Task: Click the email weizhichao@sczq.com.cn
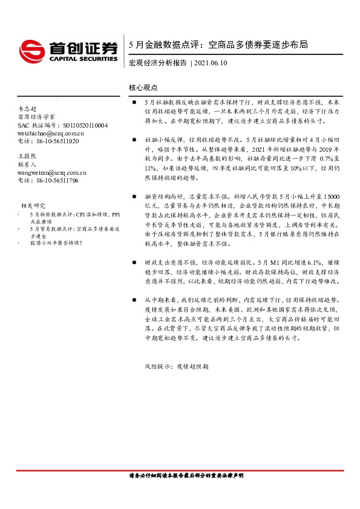pos(50,133)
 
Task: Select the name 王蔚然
pos(29,157)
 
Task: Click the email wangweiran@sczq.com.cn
pos(52,172)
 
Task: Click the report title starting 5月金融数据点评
pos(218,45)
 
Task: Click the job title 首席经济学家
pos(36,117)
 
